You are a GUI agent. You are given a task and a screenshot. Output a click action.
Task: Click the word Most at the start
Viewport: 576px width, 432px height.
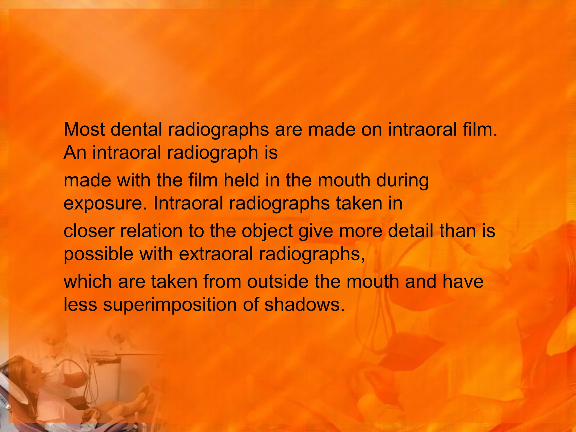coord(84,130)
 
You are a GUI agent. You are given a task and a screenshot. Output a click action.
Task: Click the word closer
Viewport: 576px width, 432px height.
coord(89,231)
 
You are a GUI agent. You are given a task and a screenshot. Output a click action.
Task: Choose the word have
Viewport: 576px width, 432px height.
coord(463,282)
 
